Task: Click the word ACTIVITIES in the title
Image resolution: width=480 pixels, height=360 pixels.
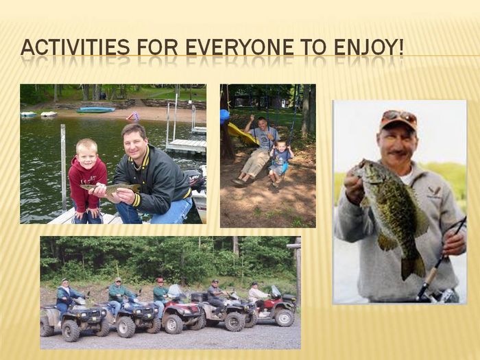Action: point(75,47)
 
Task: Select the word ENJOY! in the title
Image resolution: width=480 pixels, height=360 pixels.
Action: point(369,47)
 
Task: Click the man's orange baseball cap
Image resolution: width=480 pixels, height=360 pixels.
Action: point(398,119)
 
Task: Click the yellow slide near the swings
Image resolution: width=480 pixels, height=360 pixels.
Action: point(242,134)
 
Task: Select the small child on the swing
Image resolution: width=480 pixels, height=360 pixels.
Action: point(280,163)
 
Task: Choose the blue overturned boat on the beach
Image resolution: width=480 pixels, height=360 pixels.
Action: point(95,110)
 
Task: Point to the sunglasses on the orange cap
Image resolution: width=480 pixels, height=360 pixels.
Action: point(400,116)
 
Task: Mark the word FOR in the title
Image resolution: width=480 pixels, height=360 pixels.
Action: point(157,47)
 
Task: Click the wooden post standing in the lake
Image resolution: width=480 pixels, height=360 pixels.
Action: point(63,167)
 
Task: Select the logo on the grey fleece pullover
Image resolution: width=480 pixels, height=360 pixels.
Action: point(434,192)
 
